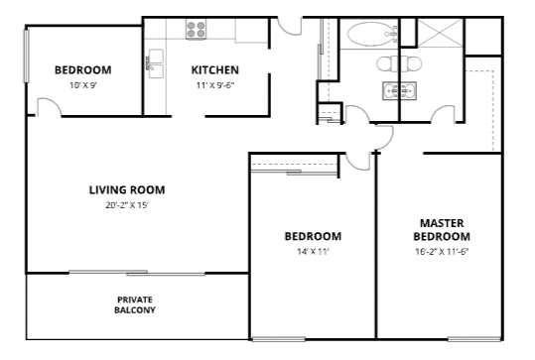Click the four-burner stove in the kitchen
[x=197, y=29]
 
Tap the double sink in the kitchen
[x=155, y=63]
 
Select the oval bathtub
[x=370, y=34]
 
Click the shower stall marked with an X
[x=440, y=32]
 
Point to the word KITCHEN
[x=215, y=69]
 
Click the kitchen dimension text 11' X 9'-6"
[x=215, y=85]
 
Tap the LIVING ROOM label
[x=127, y=189]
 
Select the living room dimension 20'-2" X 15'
[x=127, y=205]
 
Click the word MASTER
[x=442, y=223]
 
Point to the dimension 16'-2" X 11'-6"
[x=443, y=252]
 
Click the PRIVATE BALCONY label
[x=135, y=304]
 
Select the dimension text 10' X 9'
[x=83, y=85]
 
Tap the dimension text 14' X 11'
[x=313, y=252]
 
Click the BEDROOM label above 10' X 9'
[x=83, y=69]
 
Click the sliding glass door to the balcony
[x=137, y=273]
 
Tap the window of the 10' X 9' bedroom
[x=26, y=56]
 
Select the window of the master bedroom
[x=474, y=339]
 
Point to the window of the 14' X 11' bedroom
[x=278, y=339]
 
